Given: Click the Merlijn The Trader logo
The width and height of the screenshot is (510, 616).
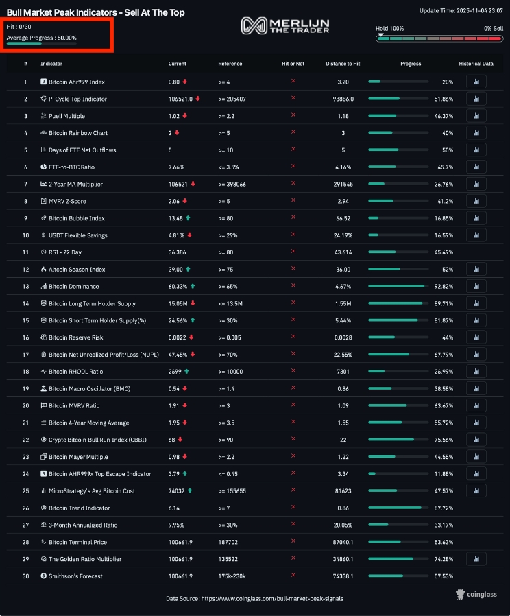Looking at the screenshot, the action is pyautogui.click(x=285, y=25).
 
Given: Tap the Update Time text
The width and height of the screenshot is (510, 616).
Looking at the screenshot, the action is pyautogui.click(x=461, y=10).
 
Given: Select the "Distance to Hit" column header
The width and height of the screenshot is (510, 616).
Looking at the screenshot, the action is pyautogui.click(x=343, y=64).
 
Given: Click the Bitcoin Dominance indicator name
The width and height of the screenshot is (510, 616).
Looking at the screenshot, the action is pyautogui.click(x=74, y=287).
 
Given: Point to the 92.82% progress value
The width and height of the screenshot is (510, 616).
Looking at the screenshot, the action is pyautogui.click(x=444, y=287).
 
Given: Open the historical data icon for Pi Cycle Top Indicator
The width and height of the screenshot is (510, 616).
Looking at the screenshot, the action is pyautogui.click(x=476, y=99).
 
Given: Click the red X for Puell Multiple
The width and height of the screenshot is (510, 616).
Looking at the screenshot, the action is pyautogui.click(x=293, y=115).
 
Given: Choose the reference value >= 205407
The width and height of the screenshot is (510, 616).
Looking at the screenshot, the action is pyautogui.click(x=232, y=99).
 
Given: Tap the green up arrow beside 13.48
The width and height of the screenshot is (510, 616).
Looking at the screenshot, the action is pyautogui.click(x=188, y=218).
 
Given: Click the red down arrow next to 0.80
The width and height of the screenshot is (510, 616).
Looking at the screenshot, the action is pyautogui.click(x=184, y=82).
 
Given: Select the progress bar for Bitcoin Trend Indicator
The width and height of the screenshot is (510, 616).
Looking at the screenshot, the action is pyautogui.click(x=398, y=508).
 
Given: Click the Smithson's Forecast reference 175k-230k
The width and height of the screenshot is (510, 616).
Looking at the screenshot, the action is pyautogui.click(x=232, y=576).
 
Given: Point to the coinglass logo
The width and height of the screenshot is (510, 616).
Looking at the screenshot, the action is pyautogui.click(x=476, y=595).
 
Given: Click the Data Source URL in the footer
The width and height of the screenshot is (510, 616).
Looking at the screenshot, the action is pyautogui.click(x=272, y=599).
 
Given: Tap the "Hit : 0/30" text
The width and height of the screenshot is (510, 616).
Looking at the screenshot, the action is pyautogui.click(x=19, y=27).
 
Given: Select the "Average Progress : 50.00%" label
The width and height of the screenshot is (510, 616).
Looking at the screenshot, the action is pyautogui.click(x=41, y=38).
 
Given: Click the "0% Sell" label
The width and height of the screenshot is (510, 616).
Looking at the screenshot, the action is pyautogui.click(x=494, y=28).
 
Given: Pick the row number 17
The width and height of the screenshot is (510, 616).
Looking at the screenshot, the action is pyautogui.click(x=25, y=355).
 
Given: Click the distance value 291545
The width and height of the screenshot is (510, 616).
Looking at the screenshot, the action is pyautogui.click(x=343, y=185).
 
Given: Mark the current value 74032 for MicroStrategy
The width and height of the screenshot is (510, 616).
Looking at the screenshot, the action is pyautogui.click(x=176, y=490).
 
